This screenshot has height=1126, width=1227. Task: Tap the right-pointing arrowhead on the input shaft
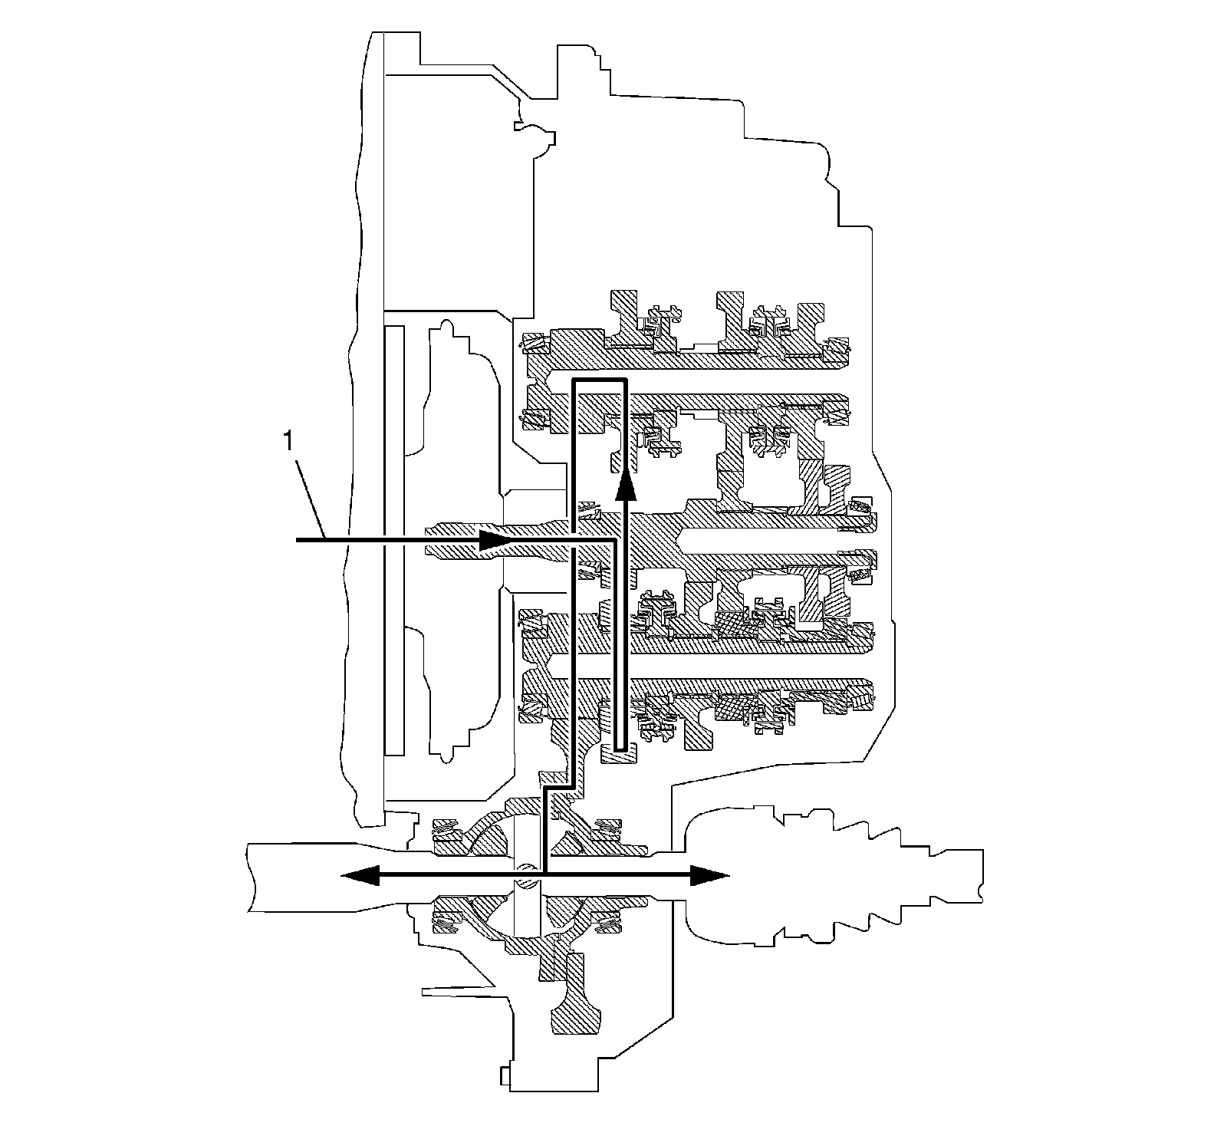tap(495, 541)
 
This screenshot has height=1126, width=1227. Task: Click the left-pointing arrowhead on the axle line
tap(358, 874)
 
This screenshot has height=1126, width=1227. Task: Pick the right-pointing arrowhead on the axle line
tap(709, 874)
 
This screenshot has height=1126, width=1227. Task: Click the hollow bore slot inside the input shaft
tap(775, 541)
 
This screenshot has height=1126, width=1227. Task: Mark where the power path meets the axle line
tap(544, 874)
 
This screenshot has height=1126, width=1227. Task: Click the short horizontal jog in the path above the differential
tap(558, 788)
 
